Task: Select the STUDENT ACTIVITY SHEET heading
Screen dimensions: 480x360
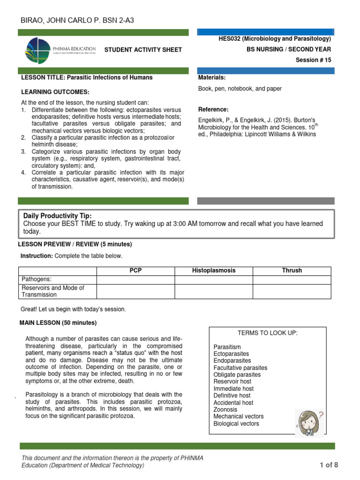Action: click(142, 50)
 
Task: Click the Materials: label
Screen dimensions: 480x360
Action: click(212, 77)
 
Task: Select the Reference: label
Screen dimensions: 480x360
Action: click(213, 109)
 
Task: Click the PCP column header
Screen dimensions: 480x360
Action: click(135, 270)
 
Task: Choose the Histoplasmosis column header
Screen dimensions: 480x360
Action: click(214, 270)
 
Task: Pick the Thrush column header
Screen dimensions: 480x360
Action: click(292, 270)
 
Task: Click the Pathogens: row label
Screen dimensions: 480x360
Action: click(37, 279)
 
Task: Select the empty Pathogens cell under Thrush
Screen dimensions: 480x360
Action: click(292, 279)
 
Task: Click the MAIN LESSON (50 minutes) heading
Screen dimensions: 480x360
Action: click(58, 323)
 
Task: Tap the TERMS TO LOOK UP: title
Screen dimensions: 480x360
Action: click(268, 333)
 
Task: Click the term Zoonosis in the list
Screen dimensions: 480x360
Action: click(225, 409)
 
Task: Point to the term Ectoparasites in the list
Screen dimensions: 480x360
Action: click(232, 354)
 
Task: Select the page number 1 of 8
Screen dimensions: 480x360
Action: click(329, 465)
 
